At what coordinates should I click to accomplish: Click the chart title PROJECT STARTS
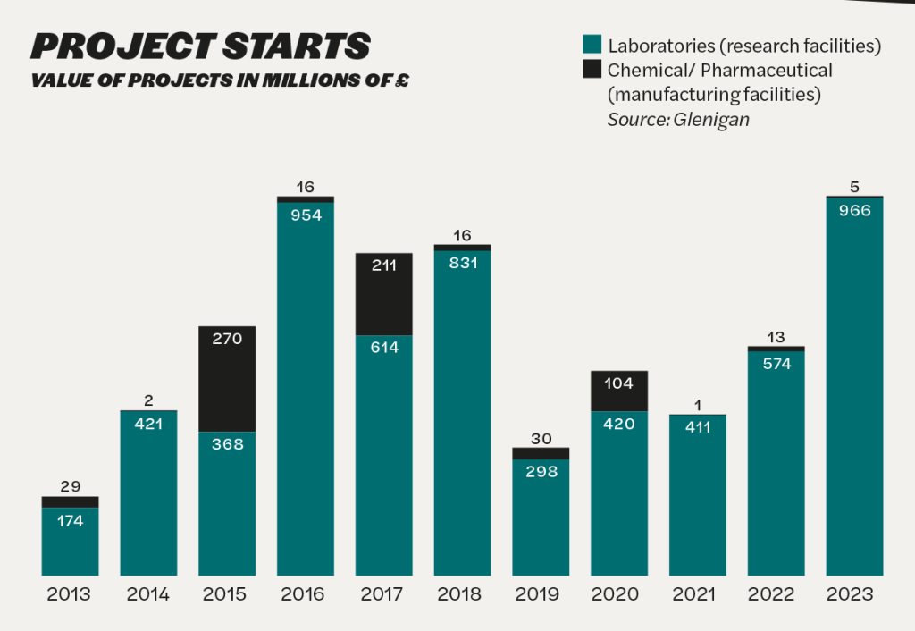click(200, 46)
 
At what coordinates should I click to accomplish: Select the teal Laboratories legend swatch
click(591, 46)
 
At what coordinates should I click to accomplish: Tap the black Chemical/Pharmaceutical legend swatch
click(591, 70)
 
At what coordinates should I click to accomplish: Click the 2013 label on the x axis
click(70, 594)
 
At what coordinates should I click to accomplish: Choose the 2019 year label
click(541, 594)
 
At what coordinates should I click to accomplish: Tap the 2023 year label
click(854, 594)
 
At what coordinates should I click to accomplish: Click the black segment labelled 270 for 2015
click(227, 380)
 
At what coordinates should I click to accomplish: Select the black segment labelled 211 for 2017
click(384, 295)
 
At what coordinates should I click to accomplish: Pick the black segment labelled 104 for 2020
click(619, 391)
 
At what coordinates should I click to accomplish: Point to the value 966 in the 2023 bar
click(854, 212)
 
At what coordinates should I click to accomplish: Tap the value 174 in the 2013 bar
click(70, 521)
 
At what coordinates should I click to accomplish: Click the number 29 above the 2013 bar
click(70, 486)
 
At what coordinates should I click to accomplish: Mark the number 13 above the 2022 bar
click(776, 336)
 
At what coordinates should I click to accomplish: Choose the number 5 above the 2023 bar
click(854, 187)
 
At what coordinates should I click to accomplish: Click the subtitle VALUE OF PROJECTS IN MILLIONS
click(220, 80)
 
